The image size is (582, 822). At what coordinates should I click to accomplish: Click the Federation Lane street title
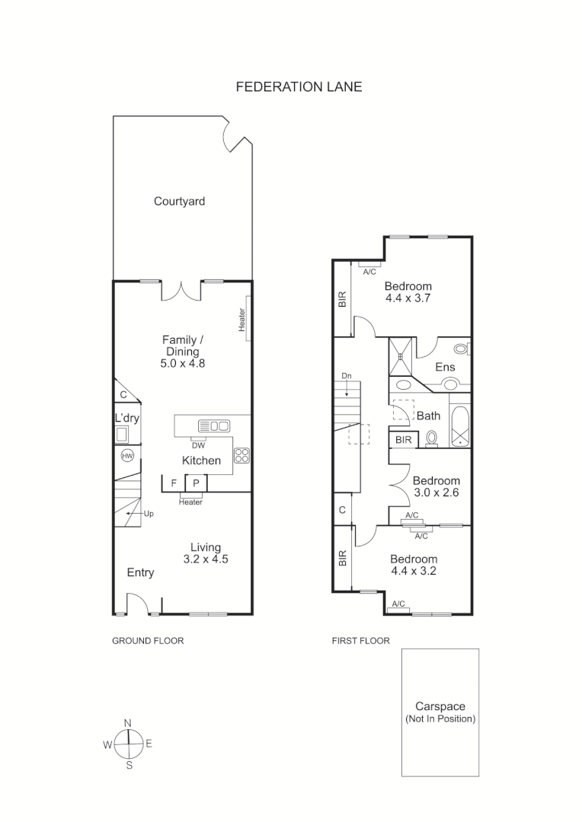point(299,87)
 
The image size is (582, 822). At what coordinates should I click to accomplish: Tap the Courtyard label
point(179,202)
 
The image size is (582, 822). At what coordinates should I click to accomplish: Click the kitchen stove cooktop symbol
point(242,456)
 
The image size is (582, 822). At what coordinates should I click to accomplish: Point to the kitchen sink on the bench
point(214,425)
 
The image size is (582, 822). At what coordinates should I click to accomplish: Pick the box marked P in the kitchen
point(196,483)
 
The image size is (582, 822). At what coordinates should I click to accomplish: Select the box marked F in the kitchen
point(174,483)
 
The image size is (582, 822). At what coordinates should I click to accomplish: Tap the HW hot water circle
point(127,455)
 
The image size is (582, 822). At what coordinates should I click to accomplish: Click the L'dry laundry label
point(126,419)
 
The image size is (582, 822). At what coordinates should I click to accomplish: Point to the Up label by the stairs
point(149,514)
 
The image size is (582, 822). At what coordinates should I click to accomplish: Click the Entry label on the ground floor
point(140,572)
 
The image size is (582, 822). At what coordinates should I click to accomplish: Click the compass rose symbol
point(129,744)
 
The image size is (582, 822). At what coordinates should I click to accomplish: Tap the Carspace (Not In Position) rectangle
point(440,712)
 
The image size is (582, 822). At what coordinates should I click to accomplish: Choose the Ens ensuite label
point(445,367)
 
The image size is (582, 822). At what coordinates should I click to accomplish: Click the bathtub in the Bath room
point(460,427)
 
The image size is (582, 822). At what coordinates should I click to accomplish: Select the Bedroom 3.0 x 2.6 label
point(436,486)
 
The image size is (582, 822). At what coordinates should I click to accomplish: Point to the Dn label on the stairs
point(347,376)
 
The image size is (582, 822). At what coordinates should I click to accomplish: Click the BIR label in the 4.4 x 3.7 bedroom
point(342,299)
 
